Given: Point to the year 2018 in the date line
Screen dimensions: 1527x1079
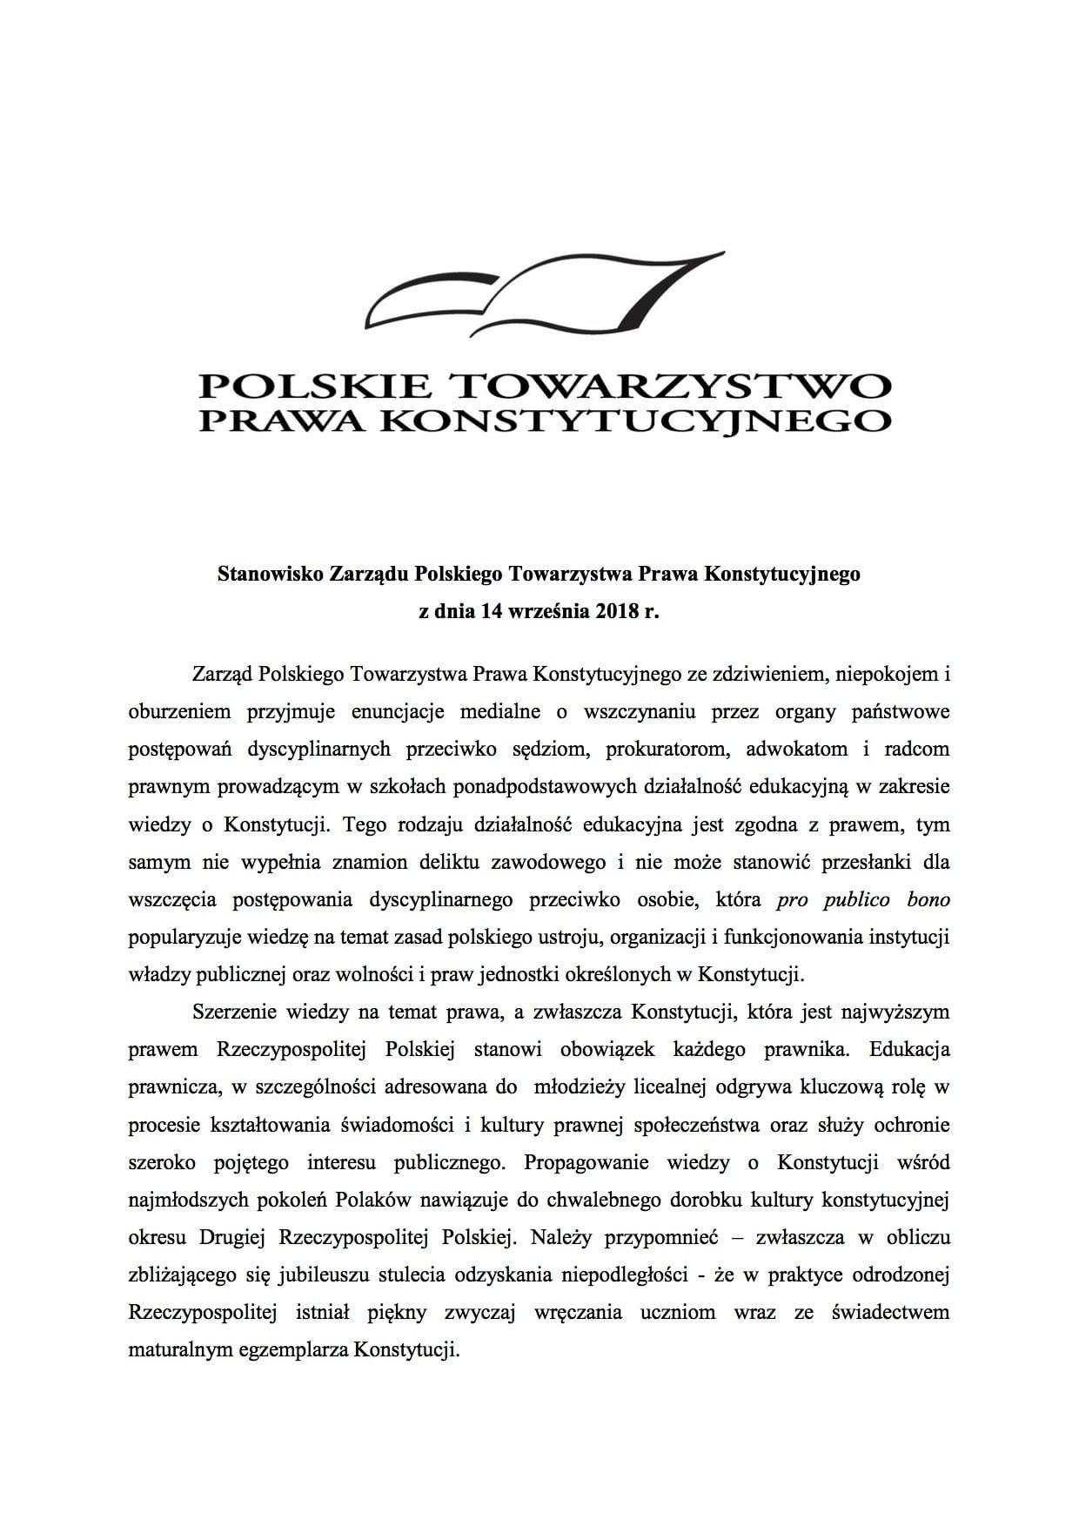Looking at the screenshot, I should [x=618, y=612].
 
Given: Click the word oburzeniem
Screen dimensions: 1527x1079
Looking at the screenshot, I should [x=179, y=711].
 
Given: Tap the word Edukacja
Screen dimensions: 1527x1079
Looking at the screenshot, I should [x=908, y=1050].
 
